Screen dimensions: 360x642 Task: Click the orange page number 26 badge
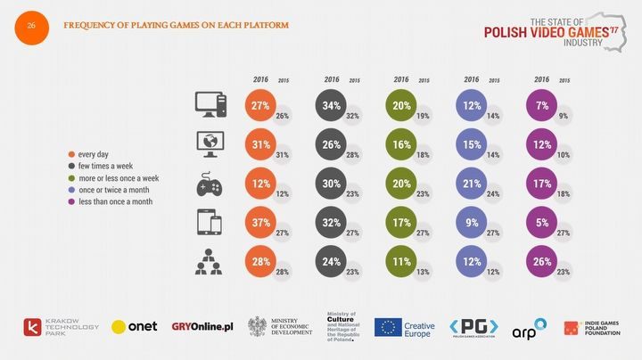pyautogui.click(x=30, y=25)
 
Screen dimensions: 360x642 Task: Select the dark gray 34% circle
pyautogui.click(x=332, y=105)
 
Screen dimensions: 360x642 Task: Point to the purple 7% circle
pyautogui.click(x=541, y=105)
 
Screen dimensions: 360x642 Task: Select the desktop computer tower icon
pyautogui.click(x=211, y=105)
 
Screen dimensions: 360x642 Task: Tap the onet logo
pyautogui.click(x=135, y=327)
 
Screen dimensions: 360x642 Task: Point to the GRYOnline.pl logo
pyautogui.click(x=203, y=327)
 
